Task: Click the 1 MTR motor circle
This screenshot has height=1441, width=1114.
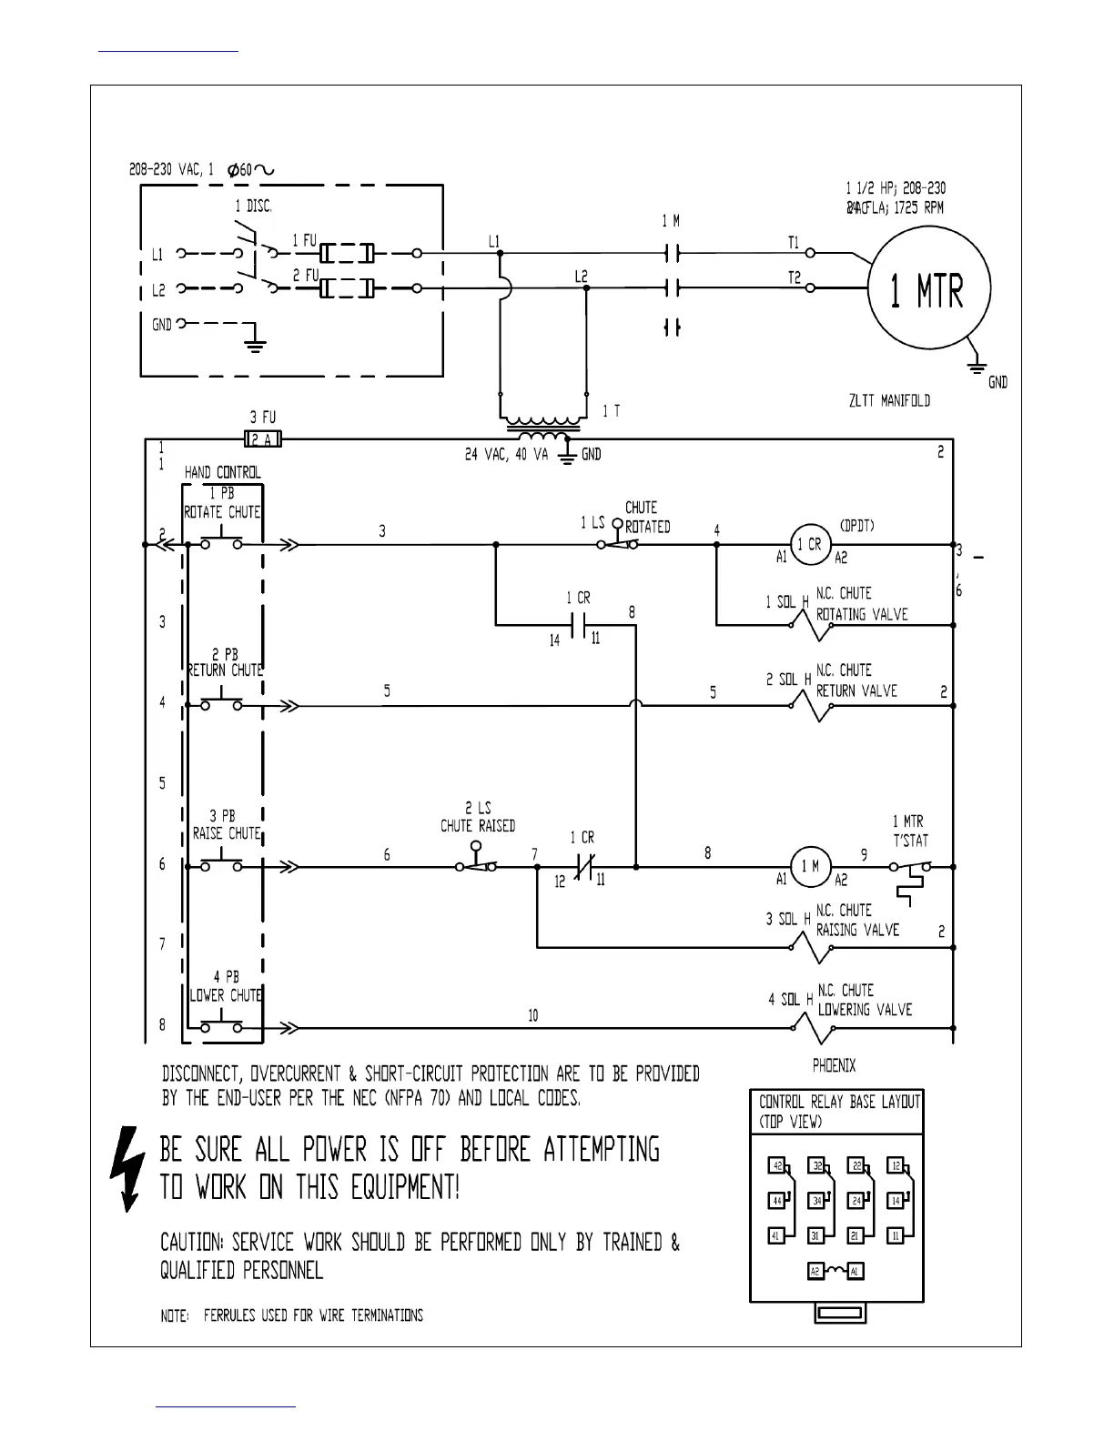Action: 927,288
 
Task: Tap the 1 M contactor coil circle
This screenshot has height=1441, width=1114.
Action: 809,866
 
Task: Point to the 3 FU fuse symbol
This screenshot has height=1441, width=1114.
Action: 263,440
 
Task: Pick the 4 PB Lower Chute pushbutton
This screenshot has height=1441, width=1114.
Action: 222,1026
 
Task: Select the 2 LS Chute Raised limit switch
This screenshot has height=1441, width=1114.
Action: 477,862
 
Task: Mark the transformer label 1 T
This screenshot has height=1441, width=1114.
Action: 612,411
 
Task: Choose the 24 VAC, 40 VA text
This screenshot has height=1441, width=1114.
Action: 507,455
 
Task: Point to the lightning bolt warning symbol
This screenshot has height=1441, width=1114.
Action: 125,1169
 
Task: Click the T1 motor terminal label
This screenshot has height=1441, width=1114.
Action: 794,243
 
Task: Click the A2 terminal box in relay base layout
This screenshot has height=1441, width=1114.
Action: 815,1271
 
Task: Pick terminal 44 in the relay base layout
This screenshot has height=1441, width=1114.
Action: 777,1201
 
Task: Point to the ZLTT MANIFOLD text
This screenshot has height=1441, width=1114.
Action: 887,400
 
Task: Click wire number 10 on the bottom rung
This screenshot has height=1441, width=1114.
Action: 532,1015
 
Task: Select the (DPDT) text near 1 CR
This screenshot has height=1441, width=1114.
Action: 857,525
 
